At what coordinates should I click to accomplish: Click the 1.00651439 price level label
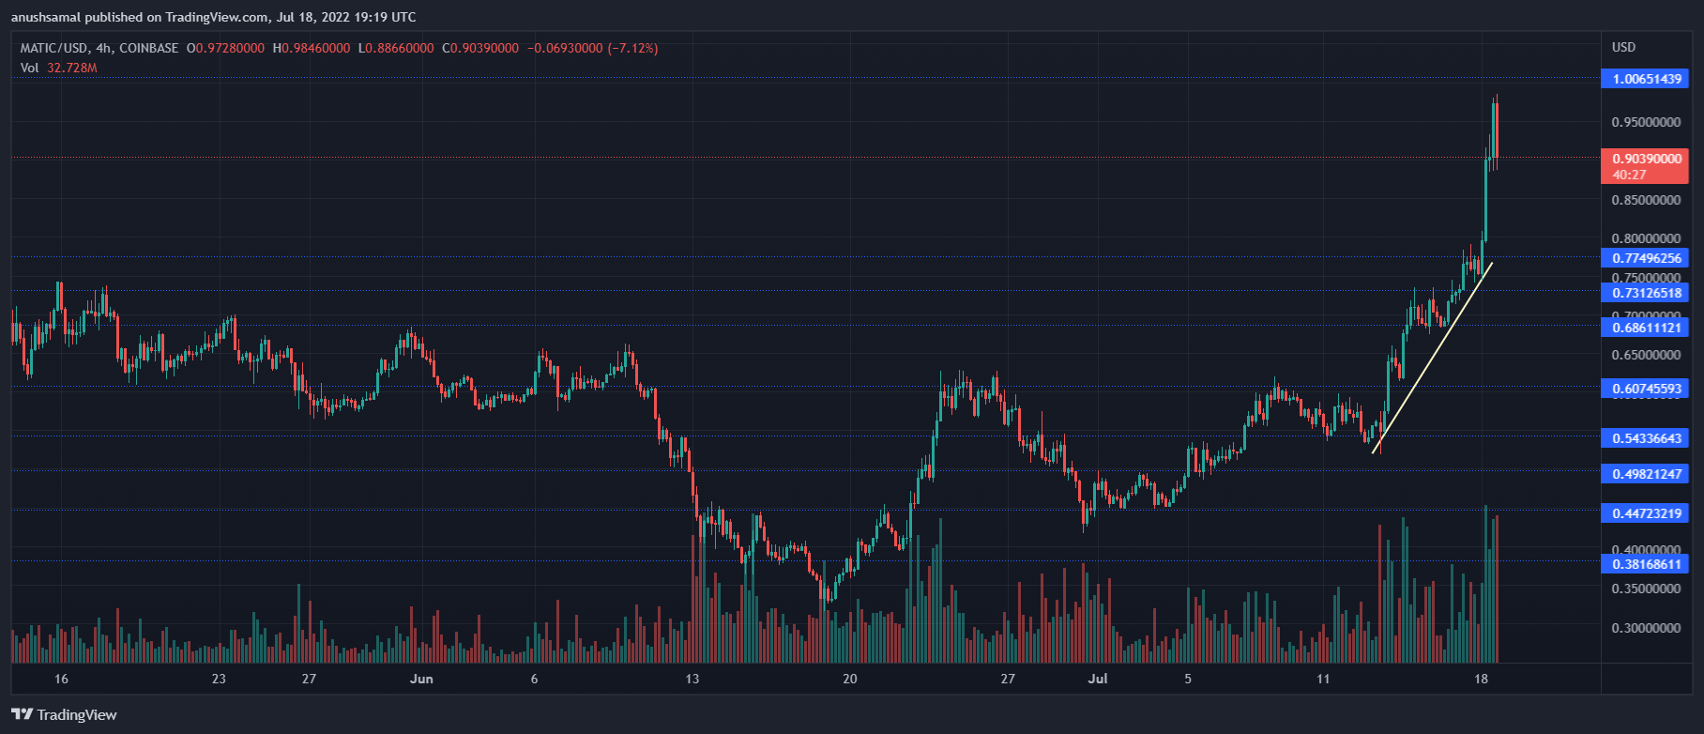(x=1646, y=79)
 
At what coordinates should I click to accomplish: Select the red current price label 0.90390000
(x=1646, y=159)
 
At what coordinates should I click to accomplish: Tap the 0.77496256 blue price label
(x=1646, y=258)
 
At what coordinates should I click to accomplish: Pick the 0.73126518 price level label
(x=1646, y=293)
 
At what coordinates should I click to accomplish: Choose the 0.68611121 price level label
(x=1646, y=328)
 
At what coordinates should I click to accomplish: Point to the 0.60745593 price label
(x=1646, y=389)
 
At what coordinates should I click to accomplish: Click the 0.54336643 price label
(x=1646, y=438)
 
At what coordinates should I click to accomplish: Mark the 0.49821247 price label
(x=1646, y=474)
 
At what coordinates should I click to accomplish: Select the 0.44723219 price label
(x=1646, y=513)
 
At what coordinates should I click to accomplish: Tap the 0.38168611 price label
(x=1646, y=564)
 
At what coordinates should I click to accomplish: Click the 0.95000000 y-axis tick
(x=1646, y=122)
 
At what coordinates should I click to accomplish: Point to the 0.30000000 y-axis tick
(x=1646, y=628)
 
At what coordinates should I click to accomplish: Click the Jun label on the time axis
(x=421, y=679)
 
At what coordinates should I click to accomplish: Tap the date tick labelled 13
(x=692, y=679)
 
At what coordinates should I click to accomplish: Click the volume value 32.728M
(x=71, y=68)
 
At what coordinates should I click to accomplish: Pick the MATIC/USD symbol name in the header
(x=54, y=48)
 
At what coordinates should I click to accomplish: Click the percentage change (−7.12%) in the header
(x=632, y=48)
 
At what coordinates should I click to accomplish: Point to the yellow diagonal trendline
(x=1432, y=358)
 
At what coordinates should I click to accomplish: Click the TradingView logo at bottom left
(x=65, y=715)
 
